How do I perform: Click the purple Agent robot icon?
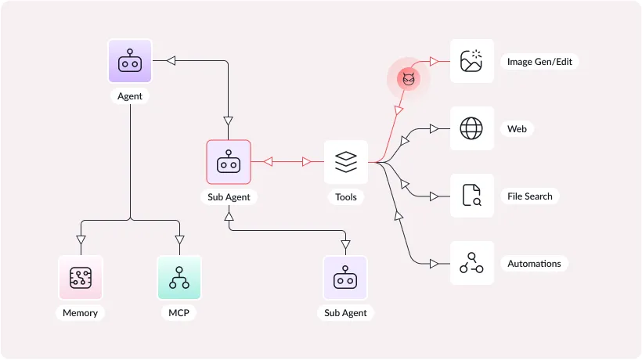(x=129, y=61)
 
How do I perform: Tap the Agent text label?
(x=129, y=96)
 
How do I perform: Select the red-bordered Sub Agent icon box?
(x=229, y=162)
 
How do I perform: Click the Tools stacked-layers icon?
(x=345, y=162)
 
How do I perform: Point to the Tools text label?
(x=345, y=197)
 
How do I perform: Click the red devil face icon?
(x=408, y=78)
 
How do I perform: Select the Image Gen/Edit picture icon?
(x=471, y=61)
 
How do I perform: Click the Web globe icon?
(x=471, y=128)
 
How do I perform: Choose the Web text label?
(x=517, y=129)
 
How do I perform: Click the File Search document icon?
(x=471, y=196)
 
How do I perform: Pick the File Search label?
(x=530, y=196)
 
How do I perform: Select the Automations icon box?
(x=471, y=263)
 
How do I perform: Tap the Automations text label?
(x=534, y=264)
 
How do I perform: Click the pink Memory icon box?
(x=81, y=277)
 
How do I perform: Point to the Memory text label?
(x=81, y=313)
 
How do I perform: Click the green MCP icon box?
(x=179, y=277)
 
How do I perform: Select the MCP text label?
(x=179, y=313)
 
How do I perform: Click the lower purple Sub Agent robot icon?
(x=345, y=277)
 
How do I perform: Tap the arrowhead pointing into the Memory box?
(x=81, y=239)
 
